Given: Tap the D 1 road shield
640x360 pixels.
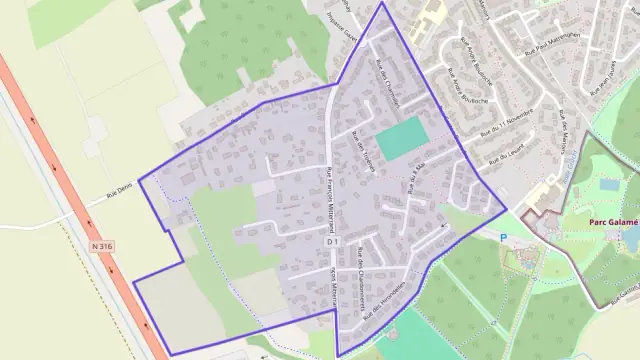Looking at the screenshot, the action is pos(333,241).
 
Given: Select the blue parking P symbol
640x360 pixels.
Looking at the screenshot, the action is pos(504,238).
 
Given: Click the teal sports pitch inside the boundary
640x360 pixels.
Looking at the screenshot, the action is pos(401,137).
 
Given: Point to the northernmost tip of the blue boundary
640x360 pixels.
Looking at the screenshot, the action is pos(382,3).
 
